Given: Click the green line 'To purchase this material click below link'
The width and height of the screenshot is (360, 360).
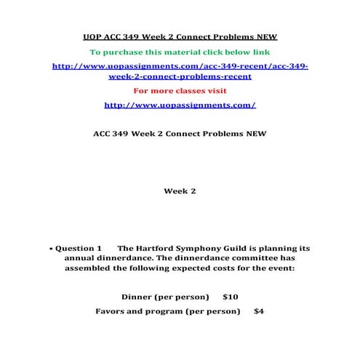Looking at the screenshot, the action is pyautogui.click(x=180, y=52).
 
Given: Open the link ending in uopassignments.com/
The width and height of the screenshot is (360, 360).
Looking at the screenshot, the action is pyautogui.click(x=180, y=105).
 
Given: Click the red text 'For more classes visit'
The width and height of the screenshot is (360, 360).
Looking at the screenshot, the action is pyautogui.click(x=180, y=90).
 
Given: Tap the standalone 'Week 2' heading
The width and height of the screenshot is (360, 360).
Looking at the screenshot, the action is pyautogui.click(x=180, y=191).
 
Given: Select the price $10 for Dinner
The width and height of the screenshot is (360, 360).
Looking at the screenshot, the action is pyautogui.click(x=231, y=297).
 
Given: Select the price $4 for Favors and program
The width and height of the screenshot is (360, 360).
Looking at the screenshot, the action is pyautogui.click(x=259, y=311).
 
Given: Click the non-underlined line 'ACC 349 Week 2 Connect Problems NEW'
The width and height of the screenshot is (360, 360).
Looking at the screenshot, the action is pyautogui.click(x=180, y=134).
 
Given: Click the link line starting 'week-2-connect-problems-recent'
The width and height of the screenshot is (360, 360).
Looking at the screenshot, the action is pyautogui.click(x=180, y=76).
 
